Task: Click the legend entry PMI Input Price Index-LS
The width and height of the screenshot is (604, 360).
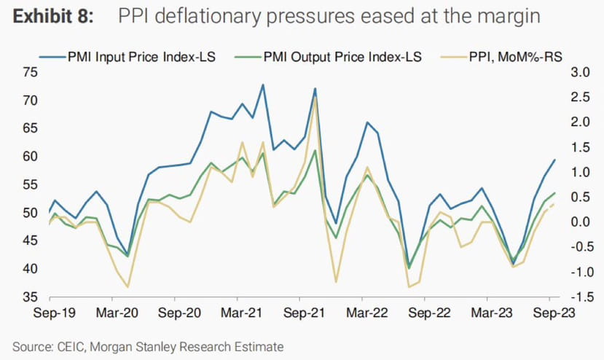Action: (x=127, y=57)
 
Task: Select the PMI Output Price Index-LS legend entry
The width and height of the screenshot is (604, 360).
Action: (x=328, y=57)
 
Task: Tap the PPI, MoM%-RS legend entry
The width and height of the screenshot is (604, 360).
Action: (x=501, y=57)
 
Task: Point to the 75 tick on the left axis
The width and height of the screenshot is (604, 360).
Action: (x=31, y=72)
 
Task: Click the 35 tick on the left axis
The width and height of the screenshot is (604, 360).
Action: (x=31, y=297)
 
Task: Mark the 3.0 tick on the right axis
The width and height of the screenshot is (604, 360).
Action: (x=581, y=72)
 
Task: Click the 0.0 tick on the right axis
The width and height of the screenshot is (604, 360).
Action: (x=581, y=222)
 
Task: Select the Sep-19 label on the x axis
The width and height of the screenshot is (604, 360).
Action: (x=55, y=313)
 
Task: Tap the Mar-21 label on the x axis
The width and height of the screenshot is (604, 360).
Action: (x=241, y=313)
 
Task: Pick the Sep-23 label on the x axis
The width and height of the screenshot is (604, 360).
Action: (x=554, y=313)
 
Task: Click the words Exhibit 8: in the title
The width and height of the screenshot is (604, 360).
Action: (x=53, y=17)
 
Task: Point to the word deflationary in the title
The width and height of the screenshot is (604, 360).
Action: (x=208, y=17)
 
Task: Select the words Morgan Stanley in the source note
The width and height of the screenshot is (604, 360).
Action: (x=133, y=347)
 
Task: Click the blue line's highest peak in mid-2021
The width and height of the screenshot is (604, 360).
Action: (x=263, y=85)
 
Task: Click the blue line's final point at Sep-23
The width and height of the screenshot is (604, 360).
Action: (x=554, y=160)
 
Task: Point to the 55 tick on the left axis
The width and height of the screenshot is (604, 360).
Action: (x=31, y=184)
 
